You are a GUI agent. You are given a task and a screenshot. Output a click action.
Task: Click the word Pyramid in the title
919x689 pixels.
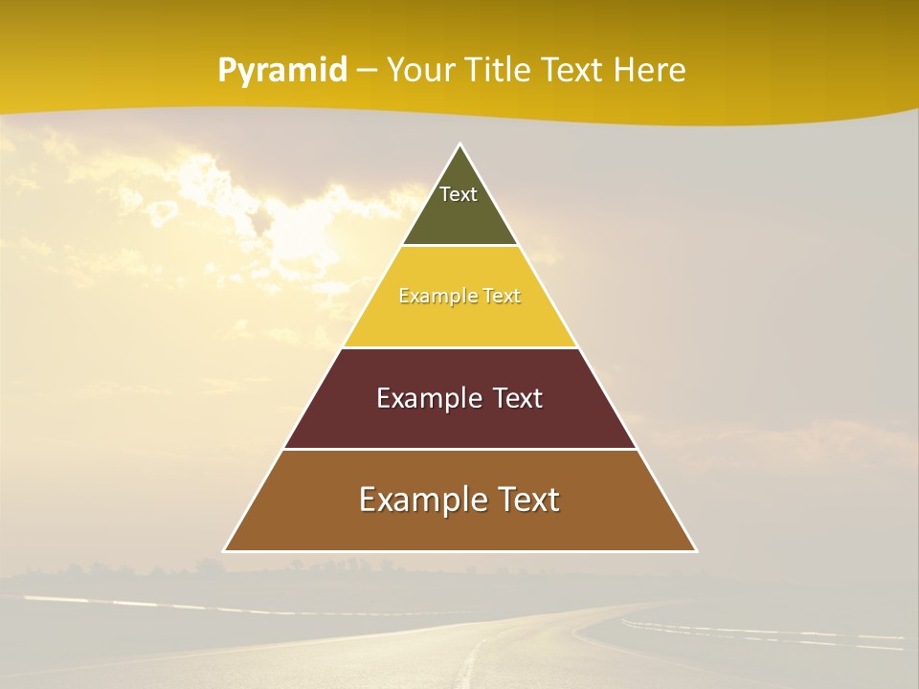tap(282, 71)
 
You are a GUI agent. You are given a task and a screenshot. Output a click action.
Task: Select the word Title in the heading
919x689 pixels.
tap(497, 71)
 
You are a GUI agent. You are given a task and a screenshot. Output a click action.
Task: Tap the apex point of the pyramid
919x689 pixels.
tap(459, 144)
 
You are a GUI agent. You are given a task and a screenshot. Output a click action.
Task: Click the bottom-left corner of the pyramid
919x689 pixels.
tap(225, 550)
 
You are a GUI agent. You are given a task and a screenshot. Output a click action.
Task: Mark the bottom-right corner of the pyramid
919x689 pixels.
tap(695, 550)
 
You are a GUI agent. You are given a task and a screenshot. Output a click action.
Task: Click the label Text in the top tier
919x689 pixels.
tap(459, 194)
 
